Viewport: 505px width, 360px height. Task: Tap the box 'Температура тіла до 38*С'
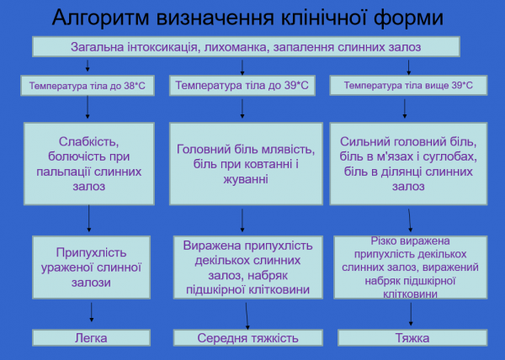(88, 86)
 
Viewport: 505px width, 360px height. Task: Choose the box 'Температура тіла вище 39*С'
(409, 86)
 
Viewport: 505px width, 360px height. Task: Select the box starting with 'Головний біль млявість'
(245, 164)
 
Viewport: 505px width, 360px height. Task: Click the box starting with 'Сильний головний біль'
(409, 164)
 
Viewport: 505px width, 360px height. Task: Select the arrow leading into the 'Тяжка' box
(411, 315)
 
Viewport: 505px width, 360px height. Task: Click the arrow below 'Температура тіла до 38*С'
(89, 108)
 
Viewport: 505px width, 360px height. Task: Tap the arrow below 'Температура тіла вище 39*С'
(409, 108)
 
